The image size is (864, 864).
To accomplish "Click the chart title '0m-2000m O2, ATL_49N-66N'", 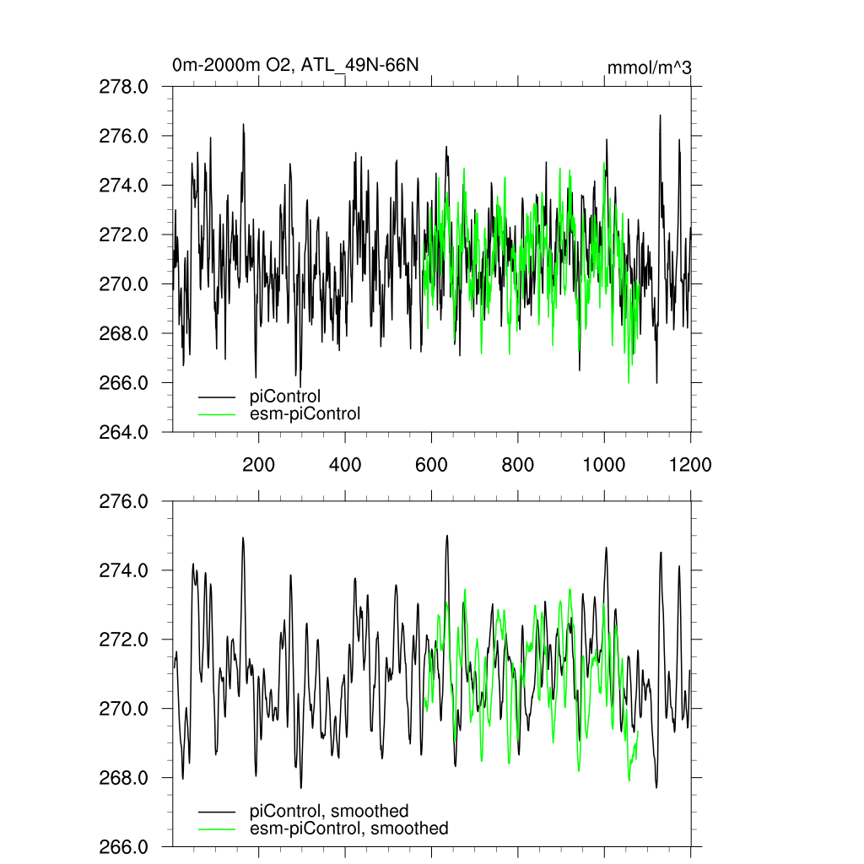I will pyautogui.click(x=295, y=65).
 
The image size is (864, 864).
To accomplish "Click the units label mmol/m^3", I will pyautogui.click(x=650, y=67).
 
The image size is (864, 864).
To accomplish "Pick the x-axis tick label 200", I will pyautogui.click(x=258, y=464).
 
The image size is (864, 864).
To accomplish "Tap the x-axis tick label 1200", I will pyautogui.click(x=690, y=464).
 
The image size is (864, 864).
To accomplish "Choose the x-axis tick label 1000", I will pyautogui.click(x=603, y=464).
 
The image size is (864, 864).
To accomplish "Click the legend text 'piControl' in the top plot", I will pyautogui.click(x=285, y=396).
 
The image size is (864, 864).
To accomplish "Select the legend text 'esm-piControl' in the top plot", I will pyautogui.click(x=305, y=413).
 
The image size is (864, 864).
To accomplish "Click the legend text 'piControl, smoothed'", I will pyautogui.click(x=329, y=811).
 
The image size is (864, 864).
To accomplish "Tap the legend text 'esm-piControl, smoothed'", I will pyautogui.click(x=349, y=829).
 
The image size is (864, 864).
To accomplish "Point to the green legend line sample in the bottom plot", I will pyautogui.click(x=217, y=829).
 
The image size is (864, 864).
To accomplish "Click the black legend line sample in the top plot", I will pyautogui.click(x=217, y=396).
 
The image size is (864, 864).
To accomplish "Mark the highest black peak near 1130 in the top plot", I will pyautogui.click(x=660, y=116).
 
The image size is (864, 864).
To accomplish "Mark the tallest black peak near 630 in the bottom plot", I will pyautogui.click(x=447, y=536).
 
